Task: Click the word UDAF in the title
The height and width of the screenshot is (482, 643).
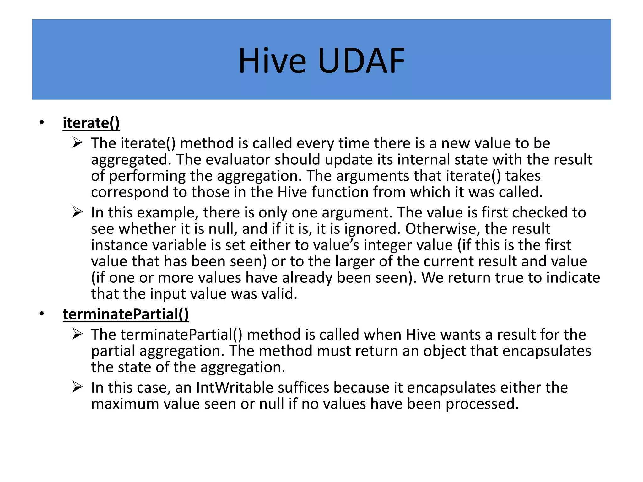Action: (361, 61)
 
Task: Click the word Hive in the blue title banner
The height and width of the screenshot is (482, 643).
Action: (272, 61)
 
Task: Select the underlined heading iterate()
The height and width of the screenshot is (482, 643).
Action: (91, 123)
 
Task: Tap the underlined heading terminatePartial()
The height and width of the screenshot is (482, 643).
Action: (126, 314)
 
